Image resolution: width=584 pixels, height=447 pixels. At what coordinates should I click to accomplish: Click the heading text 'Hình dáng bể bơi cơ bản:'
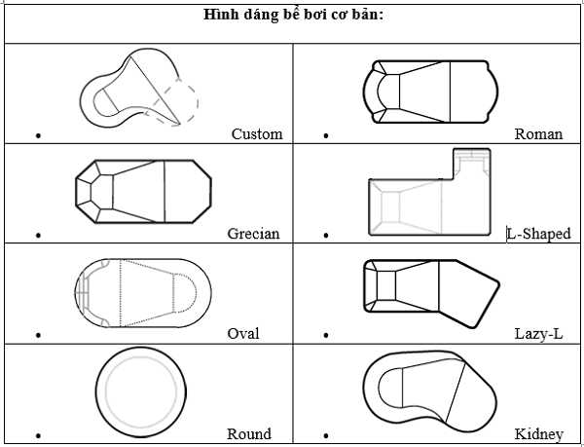(293, 15)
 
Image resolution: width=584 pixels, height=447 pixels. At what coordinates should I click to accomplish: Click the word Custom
(257, 134)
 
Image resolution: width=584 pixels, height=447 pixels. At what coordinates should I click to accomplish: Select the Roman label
(538, 134)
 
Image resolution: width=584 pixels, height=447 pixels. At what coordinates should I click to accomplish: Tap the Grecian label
(253, 234)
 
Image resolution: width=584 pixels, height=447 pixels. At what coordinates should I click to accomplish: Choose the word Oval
(242, 333)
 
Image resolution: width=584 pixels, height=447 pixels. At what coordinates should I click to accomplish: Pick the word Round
(248, 434)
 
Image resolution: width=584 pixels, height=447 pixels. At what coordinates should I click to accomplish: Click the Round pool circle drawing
(140, 390)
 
